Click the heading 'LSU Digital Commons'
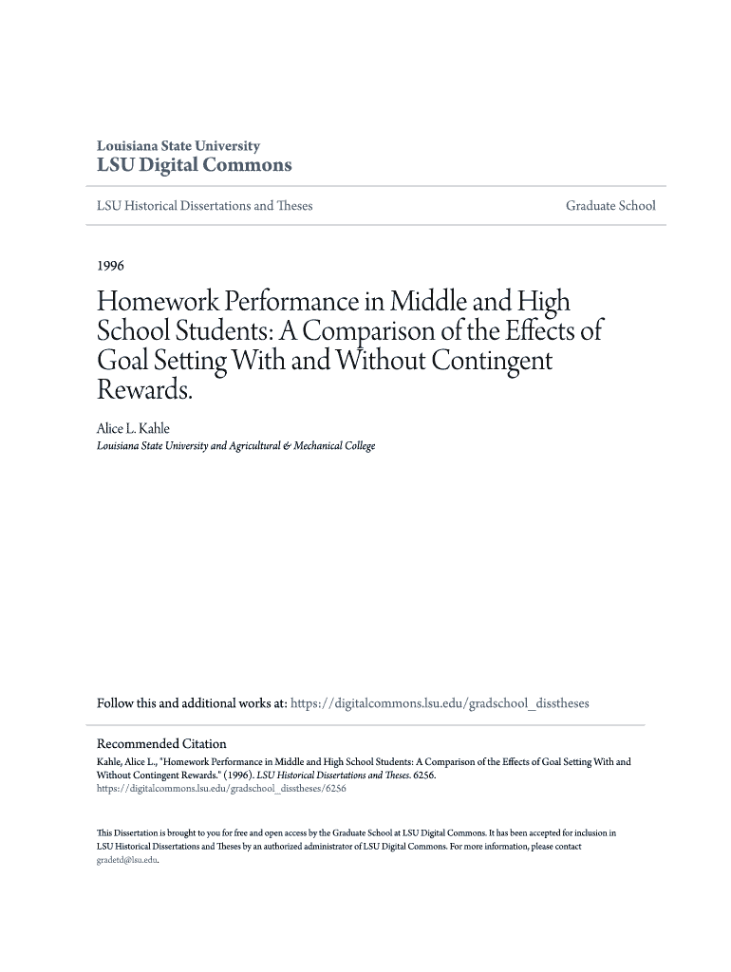(195, 165)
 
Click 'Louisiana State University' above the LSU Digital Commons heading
(178, 146)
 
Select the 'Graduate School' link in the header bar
(610, 206)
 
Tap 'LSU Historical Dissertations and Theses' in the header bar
(205, 206)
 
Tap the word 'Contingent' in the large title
(492, 361)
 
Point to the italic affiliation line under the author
(236, 445)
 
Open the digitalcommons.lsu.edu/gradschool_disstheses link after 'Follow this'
(439, 703)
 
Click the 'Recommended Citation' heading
(162, 743)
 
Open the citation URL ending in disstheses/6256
(221, 788)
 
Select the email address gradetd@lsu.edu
(127, 860)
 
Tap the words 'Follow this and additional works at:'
(192, 703)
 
